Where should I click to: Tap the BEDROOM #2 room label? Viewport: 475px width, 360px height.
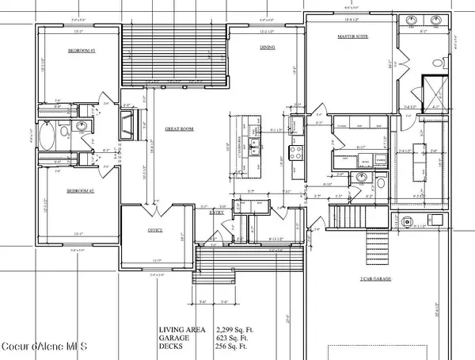81,191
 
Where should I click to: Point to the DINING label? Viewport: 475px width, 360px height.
268,48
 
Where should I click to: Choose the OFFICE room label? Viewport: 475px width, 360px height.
155,230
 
